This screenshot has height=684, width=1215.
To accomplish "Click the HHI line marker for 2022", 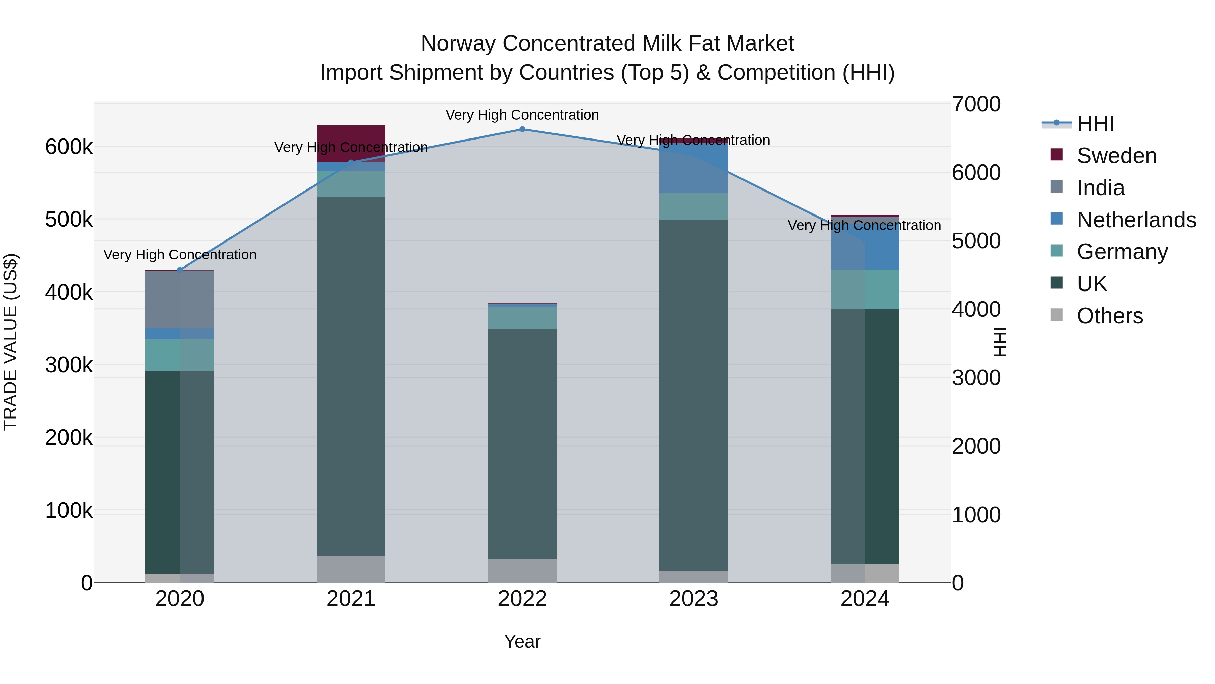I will point(522,129).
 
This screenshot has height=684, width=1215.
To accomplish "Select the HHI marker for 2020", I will point(179,270).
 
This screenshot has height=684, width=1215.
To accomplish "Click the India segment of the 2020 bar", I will point(179,299).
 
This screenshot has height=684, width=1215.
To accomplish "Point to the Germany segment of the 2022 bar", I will point(522,318).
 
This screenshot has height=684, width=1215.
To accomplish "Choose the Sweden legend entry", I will point(1116,156).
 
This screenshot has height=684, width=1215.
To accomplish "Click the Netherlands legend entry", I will point(1136,220).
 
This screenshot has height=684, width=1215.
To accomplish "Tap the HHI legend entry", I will point(1095,124).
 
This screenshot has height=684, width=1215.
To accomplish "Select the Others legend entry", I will point(1109,316).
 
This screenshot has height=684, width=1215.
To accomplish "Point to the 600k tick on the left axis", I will point(69,147).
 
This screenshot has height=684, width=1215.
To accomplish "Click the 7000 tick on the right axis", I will point(976,104).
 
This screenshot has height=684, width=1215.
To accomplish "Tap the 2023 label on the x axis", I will point(693,599).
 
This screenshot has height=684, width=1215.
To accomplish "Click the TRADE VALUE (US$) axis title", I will point(10,342).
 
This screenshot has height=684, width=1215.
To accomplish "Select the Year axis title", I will point(522,641).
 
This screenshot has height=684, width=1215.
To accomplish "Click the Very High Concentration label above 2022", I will point(522,115).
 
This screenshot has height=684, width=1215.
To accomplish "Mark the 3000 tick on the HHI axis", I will point(976,378).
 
